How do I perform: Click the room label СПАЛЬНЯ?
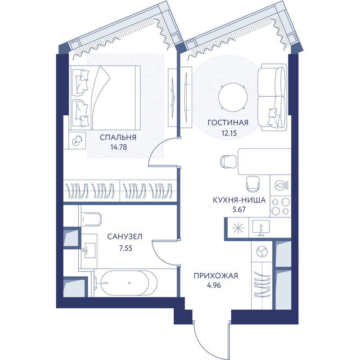(118, 137)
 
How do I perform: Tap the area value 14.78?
(119, 147)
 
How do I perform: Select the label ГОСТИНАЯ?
(228, 122)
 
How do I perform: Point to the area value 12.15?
(229, 133)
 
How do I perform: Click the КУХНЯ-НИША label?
(239, 200)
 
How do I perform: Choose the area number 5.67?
(239, 209)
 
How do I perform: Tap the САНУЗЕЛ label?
(125, 237)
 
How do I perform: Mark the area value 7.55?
(126, 248)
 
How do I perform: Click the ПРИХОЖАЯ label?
(216, 275)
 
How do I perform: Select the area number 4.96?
(214, 285)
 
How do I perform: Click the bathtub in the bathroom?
(129, 283)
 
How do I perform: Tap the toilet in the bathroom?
(91, 219)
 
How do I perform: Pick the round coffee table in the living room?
(233, 97)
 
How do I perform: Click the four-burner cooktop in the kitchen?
(280, 207)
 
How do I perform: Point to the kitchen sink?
(261, 228)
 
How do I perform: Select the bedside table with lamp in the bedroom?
(77, 140)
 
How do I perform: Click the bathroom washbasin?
(89, 250)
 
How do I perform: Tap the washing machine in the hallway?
(262, 252)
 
